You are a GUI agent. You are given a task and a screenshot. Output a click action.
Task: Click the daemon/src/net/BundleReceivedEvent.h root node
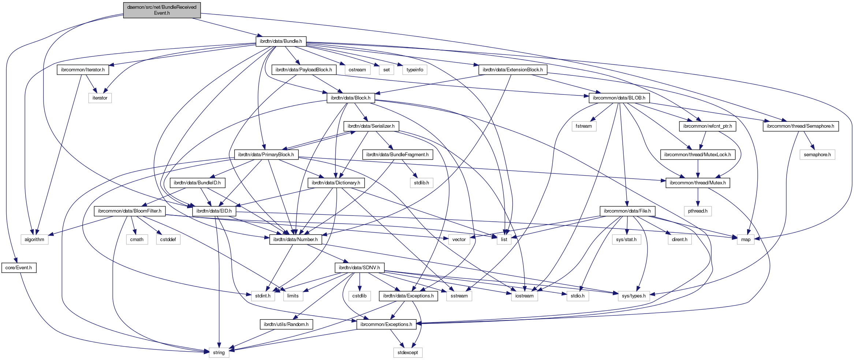(162, 10)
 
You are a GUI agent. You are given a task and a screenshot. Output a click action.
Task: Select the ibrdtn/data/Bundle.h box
(281, 41)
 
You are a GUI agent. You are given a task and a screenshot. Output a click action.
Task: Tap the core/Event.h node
(19, 268)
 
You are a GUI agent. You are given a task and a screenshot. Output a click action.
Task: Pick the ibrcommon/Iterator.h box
(83, 70)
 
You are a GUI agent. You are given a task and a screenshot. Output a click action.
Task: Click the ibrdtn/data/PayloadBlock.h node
(304, 70)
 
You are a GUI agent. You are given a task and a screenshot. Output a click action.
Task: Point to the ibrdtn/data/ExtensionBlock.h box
(512, 70)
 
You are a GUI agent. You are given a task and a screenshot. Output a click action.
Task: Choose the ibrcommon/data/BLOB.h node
(619, 98)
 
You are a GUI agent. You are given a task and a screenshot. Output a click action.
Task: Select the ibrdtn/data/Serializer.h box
(371, 126)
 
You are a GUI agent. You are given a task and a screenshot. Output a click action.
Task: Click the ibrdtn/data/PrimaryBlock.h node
(266, 155)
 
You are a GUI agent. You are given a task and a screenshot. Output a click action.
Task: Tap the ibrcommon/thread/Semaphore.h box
(801, 126)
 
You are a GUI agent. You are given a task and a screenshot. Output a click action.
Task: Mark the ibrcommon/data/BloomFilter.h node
(130, 211)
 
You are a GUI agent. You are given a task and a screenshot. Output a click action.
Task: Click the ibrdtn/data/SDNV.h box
(359, 268)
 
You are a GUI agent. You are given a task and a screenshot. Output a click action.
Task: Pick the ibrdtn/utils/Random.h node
(286, 325)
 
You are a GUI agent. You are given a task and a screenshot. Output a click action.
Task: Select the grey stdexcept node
(408, 353)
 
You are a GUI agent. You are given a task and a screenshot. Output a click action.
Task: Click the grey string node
(219, 353)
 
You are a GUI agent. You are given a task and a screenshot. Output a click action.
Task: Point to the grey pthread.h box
(698, 211)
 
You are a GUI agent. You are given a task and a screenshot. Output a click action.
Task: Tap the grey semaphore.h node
(817, 155)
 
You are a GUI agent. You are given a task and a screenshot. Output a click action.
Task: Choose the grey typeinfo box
(415, 70)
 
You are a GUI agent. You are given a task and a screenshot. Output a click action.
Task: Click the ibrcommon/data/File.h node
(627, 211)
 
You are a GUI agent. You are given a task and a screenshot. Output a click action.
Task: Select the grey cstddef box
(168, 240)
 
